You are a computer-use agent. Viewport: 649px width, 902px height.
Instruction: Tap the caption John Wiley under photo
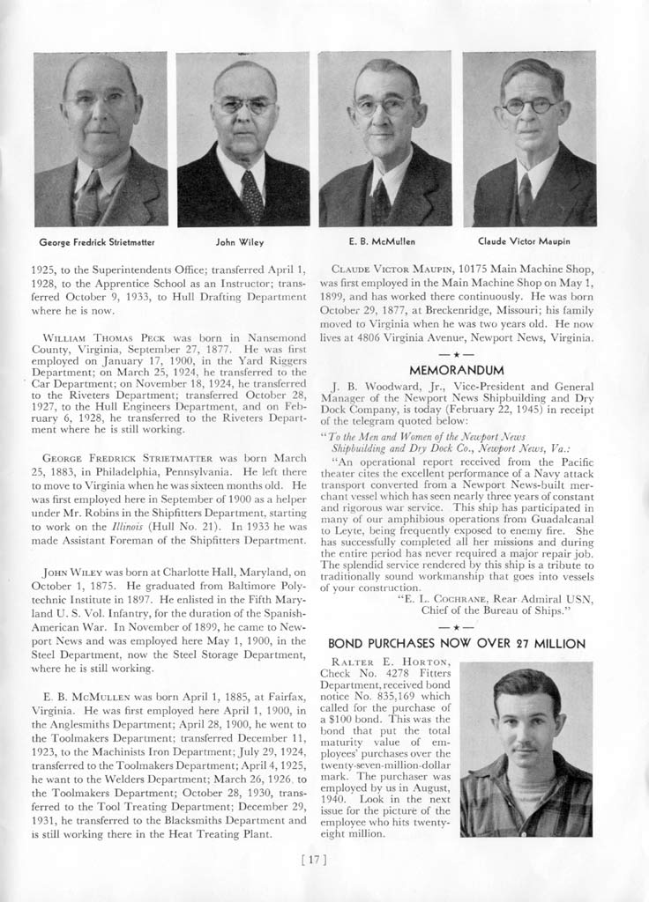(240, 240)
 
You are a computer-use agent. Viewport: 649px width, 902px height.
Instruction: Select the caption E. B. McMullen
(383, 240)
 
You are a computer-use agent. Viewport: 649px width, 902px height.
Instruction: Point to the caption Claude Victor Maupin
(524, 240)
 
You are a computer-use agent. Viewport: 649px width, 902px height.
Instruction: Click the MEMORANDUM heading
(457, 369)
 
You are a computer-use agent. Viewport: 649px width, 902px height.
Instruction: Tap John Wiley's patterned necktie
(252, 195)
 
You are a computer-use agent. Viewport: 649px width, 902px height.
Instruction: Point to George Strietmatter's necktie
(90, 199)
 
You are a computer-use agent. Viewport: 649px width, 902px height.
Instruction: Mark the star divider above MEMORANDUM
(456, 354)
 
